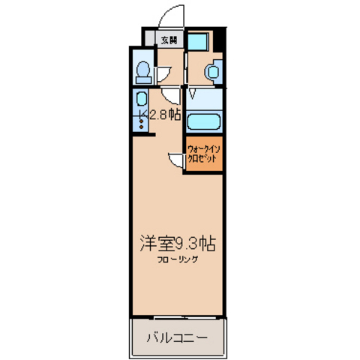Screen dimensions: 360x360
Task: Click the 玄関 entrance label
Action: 169,40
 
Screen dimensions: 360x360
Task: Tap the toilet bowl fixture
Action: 143,69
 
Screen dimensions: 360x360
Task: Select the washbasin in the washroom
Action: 213,72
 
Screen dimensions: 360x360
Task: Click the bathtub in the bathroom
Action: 203,121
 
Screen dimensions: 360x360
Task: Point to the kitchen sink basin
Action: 142,99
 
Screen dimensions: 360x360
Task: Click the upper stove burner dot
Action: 142,121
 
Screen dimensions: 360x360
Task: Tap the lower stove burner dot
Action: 142,127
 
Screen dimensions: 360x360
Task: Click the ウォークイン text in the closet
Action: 203,149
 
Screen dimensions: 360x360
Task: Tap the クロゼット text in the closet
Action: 202,158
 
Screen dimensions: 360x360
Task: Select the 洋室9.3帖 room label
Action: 178,244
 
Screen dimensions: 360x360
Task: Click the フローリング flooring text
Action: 178,259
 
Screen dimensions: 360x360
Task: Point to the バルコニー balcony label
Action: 177,337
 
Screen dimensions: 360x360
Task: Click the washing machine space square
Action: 198,42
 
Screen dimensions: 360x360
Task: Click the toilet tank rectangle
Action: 143,80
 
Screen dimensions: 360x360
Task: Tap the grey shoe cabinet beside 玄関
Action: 149,38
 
